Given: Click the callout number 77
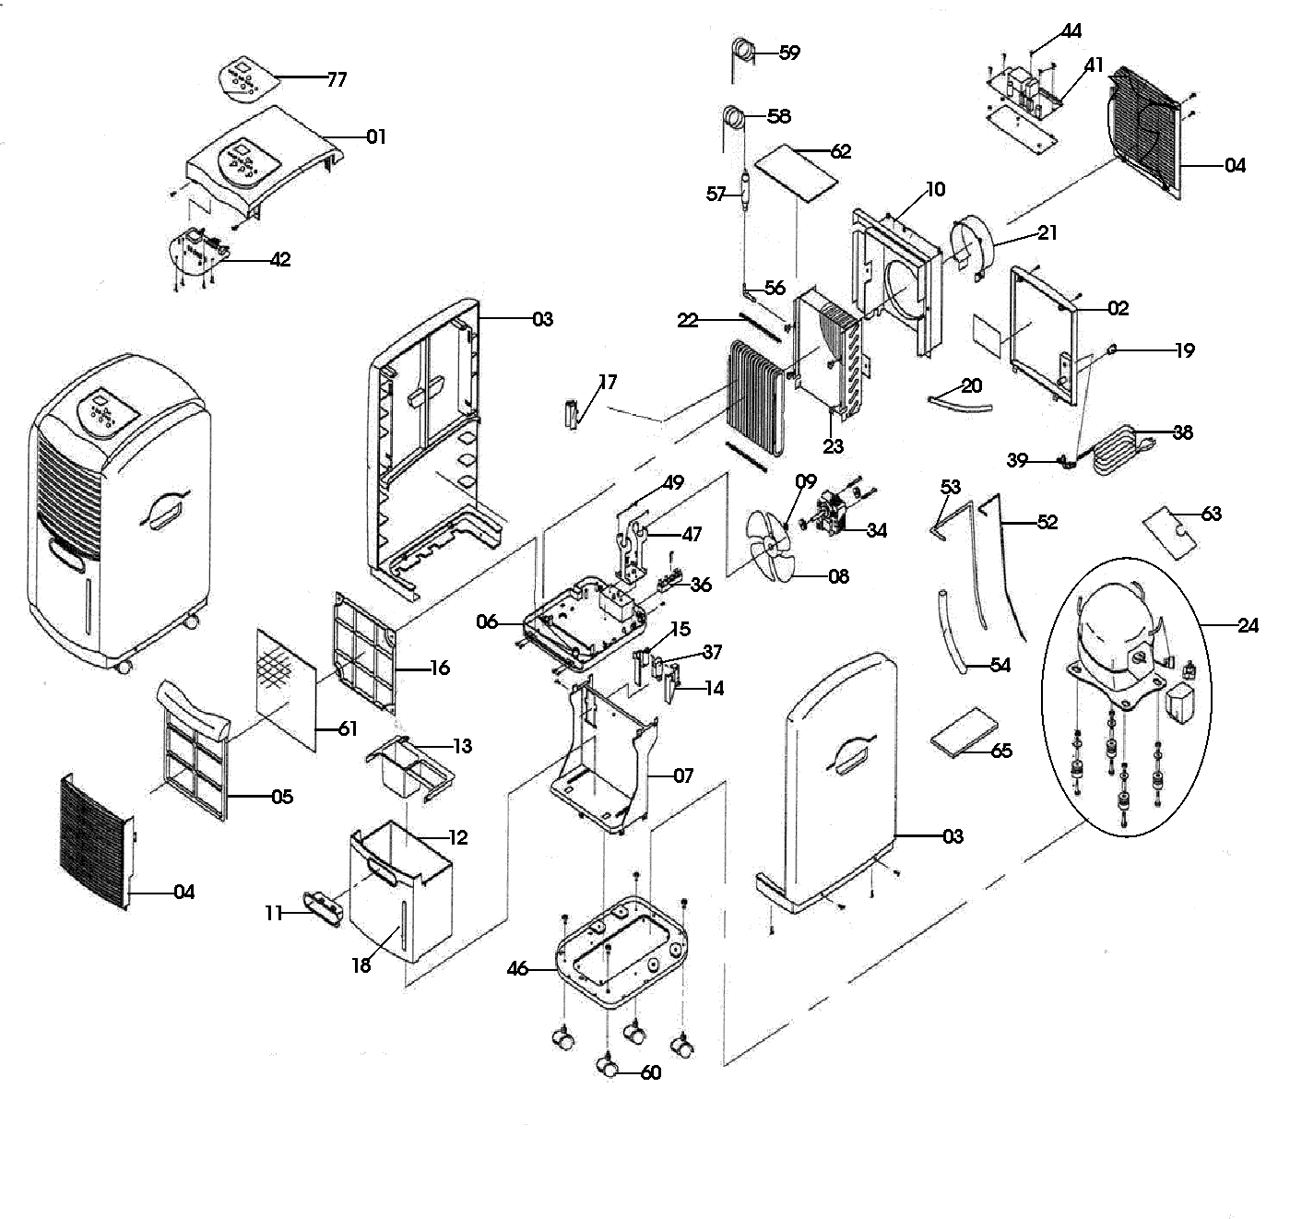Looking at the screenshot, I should coord(337,79).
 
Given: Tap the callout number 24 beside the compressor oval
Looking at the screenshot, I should coord(1248,626).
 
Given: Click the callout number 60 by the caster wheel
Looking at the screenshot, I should coord(651,1073).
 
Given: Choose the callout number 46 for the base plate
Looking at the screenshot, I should coord(518,969).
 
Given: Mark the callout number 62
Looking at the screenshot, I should coord(841,151).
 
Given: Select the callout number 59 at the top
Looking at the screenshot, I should coord(789,53).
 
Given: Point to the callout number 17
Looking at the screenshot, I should coord(608,382).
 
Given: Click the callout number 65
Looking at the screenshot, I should coord(1001,751).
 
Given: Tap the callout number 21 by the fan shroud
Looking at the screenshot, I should coord(1047,233).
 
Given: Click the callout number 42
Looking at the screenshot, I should coord(280,260).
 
